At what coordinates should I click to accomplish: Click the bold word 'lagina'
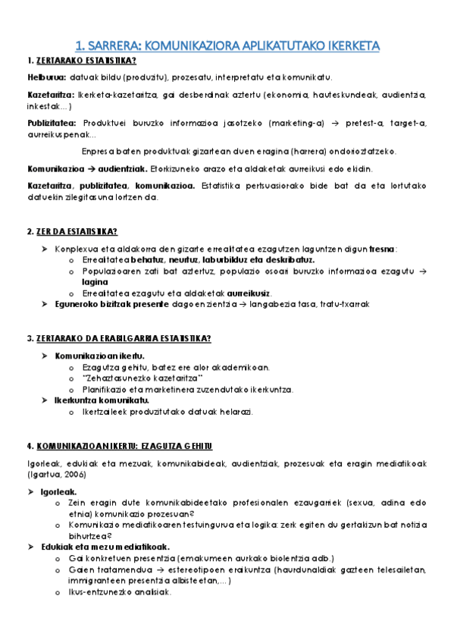(96, 281)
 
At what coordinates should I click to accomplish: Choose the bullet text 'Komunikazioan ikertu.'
(99, 355)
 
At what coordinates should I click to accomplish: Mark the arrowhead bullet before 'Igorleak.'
(31, 491)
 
